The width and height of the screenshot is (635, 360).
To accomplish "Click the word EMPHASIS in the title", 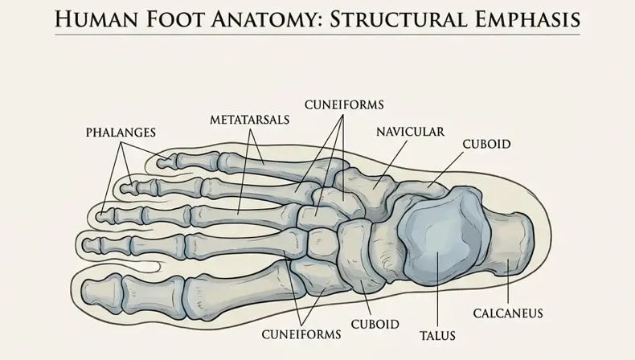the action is (526, 19).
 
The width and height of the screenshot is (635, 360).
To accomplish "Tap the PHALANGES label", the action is (121, 133).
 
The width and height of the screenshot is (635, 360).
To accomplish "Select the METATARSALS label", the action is (249, 120).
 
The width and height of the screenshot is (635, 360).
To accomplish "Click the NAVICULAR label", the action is (410, 132).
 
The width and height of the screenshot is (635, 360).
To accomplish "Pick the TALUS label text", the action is (437, 336).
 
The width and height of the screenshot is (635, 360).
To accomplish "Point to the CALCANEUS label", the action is (508, 313).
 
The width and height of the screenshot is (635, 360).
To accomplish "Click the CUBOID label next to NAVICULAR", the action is (486, 144).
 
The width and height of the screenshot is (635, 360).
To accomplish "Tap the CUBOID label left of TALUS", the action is (375, 325).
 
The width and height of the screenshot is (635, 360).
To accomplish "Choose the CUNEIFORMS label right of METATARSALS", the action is (344, 105).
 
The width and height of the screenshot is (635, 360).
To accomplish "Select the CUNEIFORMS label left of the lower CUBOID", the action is (301, 334).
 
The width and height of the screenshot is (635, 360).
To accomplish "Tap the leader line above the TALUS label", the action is (438, 290).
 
